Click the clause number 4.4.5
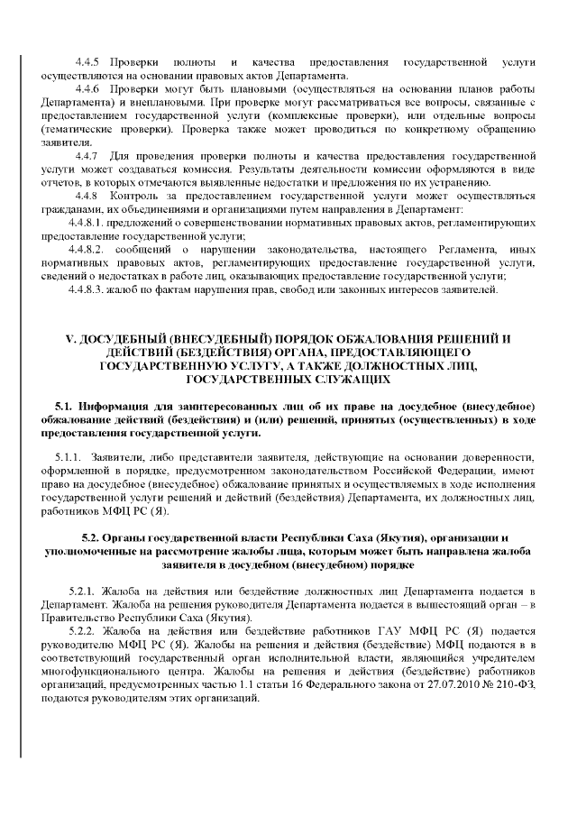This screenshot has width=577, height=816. (88, 61)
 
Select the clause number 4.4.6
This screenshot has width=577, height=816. (88, 91)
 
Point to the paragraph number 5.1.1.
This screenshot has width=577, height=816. (69, 458)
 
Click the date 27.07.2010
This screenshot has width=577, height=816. (442, 698)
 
